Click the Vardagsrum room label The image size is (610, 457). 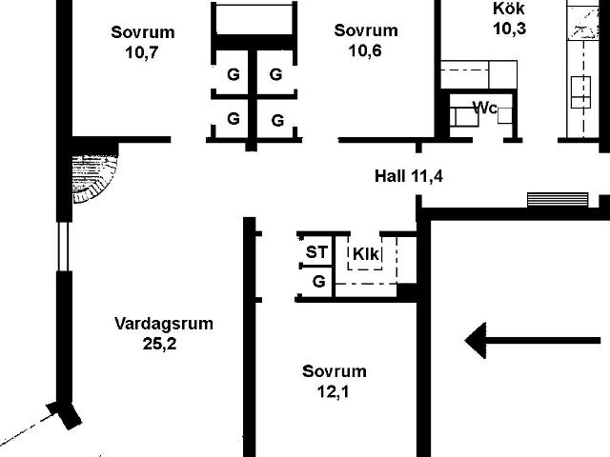(x=164, y=324)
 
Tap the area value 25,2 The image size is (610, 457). (x=159, y=344)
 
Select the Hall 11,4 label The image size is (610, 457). (x=409, y=176)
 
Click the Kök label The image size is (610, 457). (x=509, y=9)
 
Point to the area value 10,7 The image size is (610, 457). (x=142, y=52)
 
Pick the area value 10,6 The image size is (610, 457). (x=365, y=50)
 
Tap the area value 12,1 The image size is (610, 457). (x=333, y=391)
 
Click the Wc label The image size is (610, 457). (x=485, y=108)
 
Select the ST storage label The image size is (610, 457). (x=316, y=252)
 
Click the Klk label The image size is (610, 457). (x=366, y=254)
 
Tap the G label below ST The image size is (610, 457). (x=319, y=281)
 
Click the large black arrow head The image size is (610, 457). (x=476, y=341)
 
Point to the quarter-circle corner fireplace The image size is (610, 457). (x=94, y=179)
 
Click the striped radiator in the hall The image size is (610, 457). (x=558, y=200)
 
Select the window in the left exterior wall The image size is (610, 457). (x=64, y=246)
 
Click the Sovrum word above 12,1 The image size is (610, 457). (x=335, y=371)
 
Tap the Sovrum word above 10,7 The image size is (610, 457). (x=143, y=32)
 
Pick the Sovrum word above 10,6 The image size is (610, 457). (x=366, y=30)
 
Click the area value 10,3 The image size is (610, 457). (x=510, y=29)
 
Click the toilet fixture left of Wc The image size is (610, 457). (x=464, y=117)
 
